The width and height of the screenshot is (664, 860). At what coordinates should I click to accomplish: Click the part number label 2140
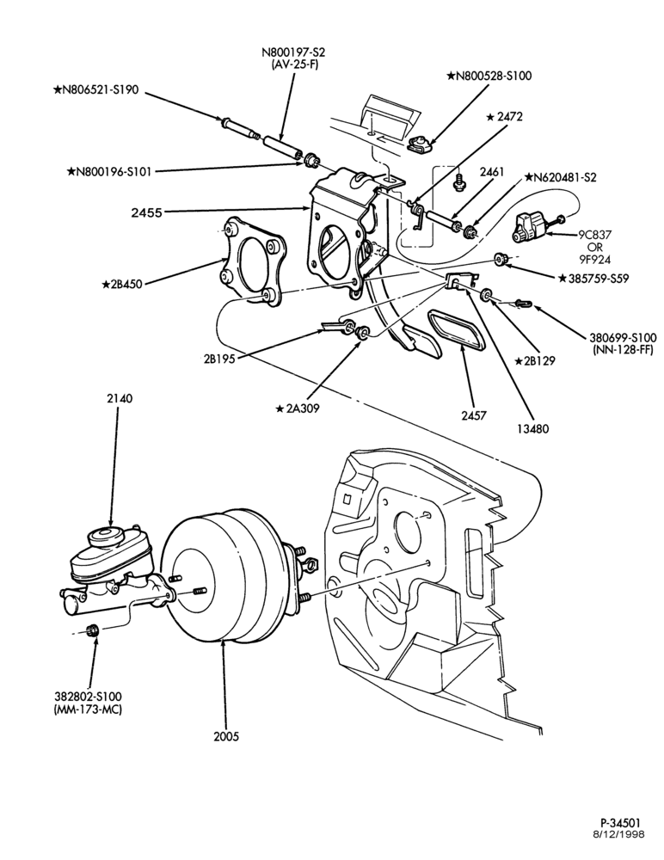tap(120, 399)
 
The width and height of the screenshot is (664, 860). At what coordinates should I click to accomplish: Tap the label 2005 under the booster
tap(227, 737)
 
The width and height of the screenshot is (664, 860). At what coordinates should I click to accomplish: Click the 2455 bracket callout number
tap(146, 212)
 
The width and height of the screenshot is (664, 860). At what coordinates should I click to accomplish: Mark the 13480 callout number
tap(532, 429)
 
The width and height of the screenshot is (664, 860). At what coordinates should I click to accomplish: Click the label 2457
tap(474, 415)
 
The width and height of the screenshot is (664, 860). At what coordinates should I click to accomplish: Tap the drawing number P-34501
tap(621, 823)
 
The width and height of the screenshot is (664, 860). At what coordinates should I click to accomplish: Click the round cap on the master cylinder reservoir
tap(104, 537)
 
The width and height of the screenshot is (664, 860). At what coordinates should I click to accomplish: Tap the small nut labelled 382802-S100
tap(93, 630)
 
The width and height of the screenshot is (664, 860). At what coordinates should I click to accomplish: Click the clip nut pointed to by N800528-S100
tap(420, 145)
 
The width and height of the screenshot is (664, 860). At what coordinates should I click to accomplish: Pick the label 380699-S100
tap(622, 337)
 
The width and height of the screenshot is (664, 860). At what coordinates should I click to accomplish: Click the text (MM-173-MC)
tap(88, 709)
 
